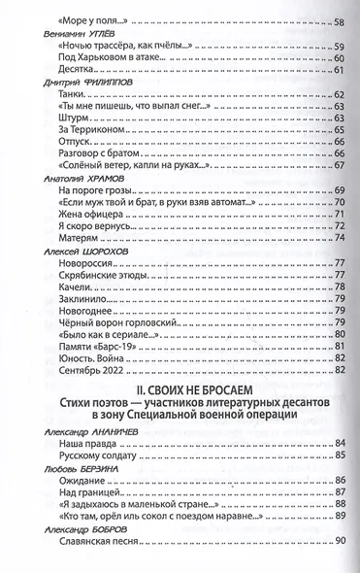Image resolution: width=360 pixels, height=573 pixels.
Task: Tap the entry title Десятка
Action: (x=77, y=73)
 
